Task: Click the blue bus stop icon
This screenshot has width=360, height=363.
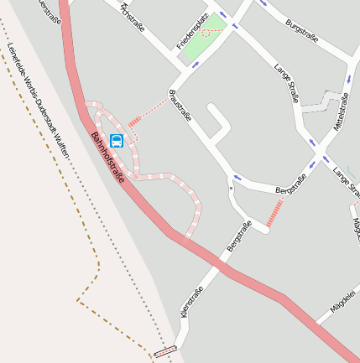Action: coord(117,140)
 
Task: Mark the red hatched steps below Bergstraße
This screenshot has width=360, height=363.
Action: coord(274,214)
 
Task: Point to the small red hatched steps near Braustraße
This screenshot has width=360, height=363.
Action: coord(134,122)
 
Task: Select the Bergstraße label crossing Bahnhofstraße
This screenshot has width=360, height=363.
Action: coord(239,236)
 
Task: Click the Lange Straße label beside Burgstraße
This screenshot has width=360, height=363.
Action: coord(287,83)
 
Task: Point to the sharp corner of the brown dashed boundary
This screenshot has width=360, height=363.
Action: coord(78,300)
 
